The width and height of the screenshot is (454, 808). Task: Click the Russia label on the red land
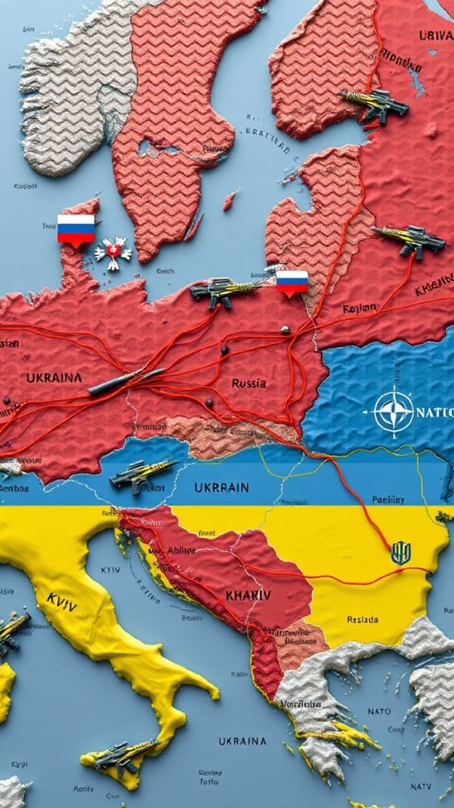248,383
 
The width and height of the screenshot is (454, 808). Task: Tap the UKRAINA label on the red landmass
54,377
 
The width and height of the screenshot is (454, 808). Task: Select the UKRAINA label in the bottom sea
243,741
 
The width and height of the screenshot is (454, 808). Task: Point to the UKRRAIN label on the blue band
221,487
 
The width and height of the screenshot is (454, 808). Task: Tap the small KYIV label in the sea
110,569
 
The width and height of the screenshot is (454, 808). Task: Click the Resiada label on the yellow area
363,619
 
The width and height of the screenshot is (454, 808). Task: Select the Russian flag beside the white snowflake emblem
76,229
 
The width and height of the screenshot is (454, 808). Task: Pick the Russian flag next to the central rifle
292,282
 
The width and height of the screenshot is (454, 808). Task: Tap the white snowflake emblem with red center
113,253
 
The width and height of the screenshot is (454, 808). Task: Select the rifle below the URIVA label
375,105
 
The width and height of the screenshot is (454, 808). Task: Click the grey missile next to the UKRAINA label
126,381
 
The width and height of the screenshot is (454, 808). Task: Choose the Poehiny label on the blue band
388,499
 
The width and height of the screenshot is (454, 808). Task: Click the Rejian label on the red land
360,309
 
